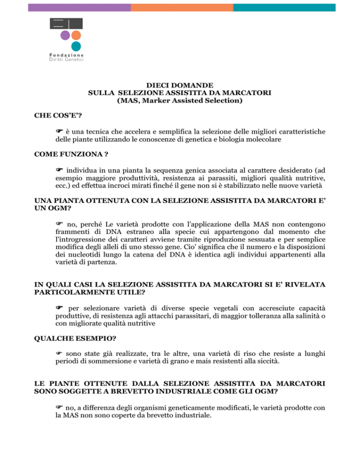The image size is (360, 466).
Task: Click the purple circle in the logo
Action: pyautogui.click(x=65, y=35)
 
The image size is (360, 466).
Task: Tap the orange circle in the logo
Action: pyautogui.click(x=76, y=35)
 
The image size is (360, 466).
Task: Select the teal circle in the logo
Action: pyautogui.click(x=76, y=46)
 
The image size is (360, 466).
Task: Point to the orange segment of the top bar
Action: pyautogui.click(x=181, y=8)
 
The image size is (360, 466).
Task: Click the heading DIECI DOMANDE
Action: pyautogui.click(x=180, y=85)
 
